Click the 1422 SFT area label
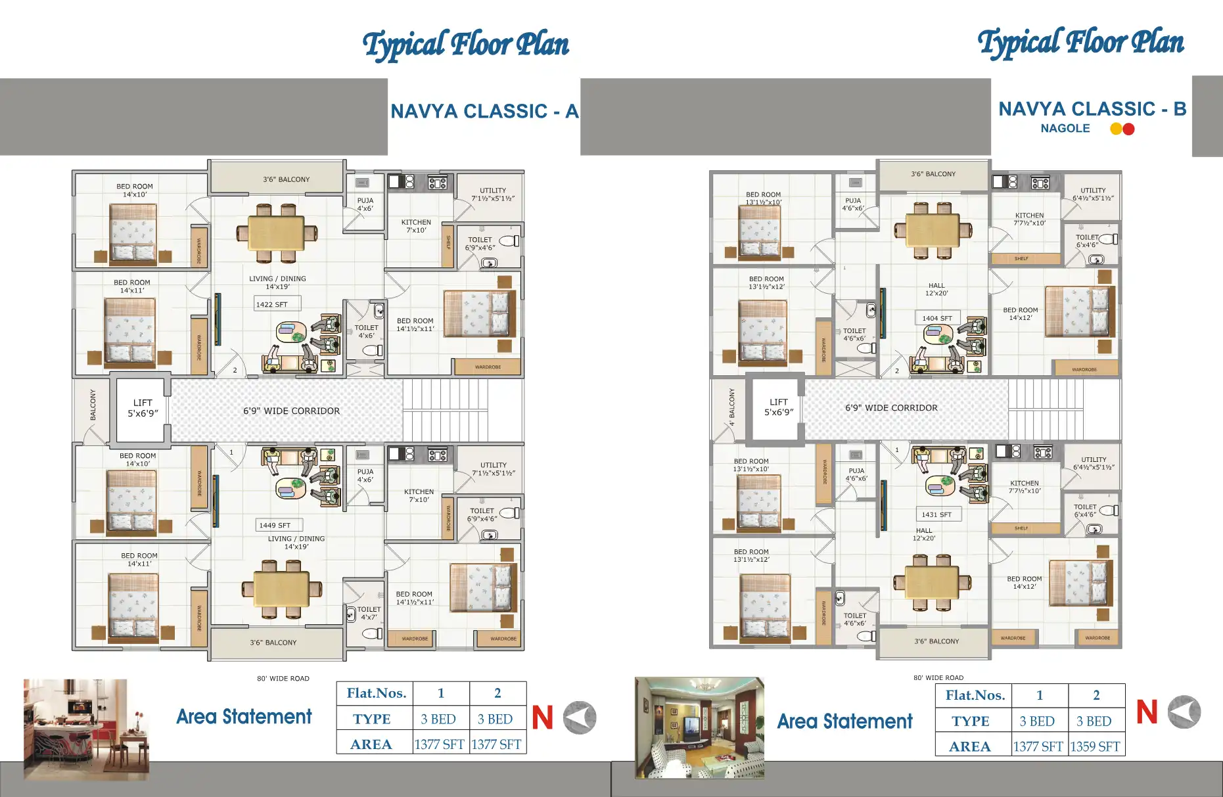272,304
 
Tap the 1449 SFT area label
275,525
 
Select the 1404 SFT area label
936,318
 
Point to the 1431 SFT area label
936,514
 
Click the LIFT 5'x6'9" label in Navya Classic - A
143,408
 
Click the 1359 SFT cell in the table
1096,746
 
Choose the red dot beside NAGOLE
1128,129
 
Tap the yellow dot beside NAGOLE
1116,129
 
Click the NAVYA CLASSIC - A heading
484,111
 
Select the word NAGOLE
1065,129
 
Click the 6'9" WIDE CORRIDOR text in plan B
891,407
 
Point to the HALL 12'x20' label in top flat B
936,289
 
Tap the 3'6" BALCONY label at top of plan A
286,179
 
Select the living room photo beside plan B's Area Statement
699,727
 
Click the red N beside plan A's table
542,717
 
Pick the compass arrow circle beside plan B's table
1184,712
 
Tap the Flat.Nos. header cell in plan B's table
975,695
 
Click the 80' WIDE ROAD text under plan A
283,678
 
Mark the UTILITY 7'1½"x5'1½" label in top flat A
493,194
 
